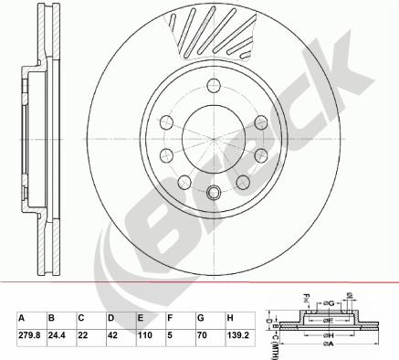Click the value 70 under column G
coord(203,336)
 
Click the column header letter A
coord(22,319)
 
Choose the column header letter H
coord(231,319)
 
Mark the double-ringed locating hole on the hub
coord(214,193)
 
